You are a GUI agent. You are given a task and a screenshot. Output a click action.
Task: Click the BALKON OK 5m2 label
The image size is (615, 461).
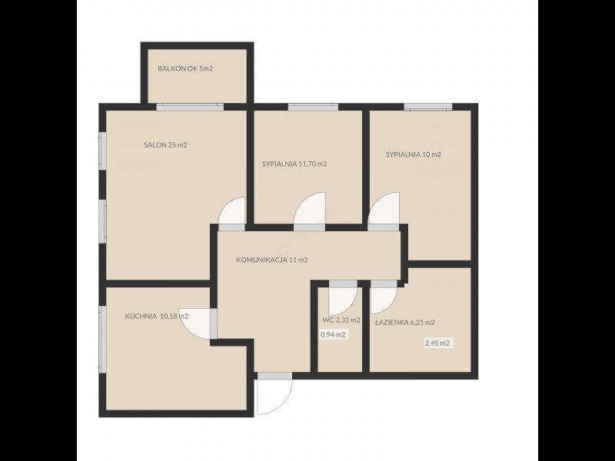click(185, 68)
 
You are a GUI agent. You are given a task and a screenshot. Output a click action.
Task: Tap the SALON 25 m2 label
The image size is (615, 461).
click(165, 145)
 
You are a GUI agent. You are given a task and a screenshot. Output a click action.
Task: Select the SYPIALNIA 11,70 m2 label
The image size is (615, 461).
click(294, 164)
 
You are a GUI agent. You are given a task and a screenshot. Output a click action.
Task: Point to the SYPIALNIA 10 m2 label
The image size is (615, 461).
click(413, 154)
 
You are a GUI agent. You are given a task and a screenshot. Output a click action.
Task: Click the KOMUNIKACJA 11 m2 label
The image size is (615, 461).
click(272, 260)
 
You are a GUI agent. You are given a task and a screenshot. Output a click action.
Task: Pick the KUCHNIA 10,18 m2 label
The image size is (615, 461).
click(157, 316)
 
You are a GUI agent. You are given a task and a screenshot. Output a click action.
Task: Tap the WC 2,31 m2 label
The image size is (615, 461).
click(341, 320)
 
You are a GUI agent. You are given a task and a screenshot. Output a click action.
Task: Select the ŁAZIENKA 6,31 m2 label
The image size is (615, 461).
click(404, 323)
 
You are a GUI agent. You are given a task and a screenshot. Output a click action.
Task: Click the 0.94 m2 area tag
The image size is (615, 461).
click(333, 335)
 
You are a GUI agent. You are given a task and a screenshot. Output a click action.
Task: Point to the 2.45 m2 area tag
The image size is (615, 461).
click(437, 343)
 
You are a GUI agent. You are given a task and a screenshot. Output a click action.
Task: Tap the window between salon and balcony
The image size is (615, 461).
click(190, 107)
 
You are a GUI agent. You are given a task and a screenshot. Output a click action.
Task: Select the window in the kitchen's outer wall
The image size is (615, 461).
click(102, 339)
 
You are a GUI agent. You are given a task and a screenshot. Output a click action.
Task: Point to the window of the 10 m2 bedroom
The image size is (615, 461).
click(428, 107)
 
